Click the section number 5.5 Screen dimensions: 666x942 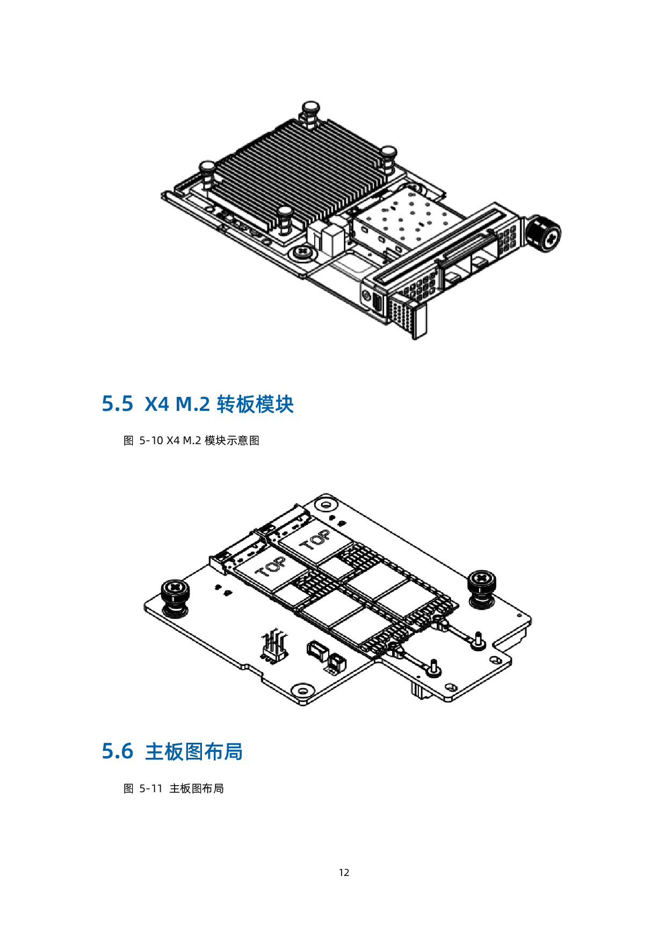point(117,404)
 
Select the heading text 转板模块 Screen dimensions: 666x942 point(255,404)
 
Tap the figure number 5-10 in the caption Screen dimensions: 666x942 point(151,440)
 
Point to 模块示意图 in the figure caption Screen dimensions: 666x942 point(232,440)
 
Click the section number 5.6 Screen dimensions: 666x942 point(117,751)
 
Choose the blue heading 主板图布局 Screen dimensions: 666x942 point(194,751)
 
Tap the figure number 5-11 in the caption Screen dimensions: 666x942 point(151,788)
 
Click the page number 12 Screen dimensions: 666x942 point(344,873)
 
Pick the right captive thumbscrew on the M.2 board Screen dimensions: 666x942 point(482,589)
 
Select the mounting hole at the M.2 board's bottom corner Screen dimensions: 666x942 point(303,691)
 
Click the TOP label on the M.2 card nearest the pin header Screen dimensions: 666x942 point(271,567)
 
